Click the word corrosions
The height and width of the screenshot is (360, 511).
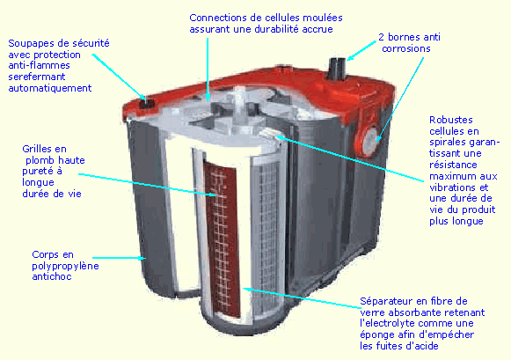pyautogui.click(x=405, y=49)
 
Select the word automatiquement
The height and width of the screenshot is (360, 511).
pyautogui.click(x=50, y=88)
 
